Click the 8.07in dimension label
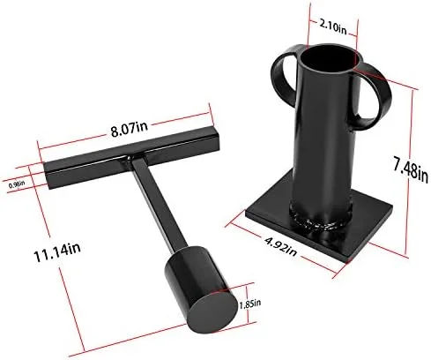(x=130, y=129)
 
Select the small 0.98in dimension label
(x=17, y=184)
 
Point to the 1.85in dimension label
(x=250, y=304)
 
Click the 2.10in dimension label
(x=333, y=28)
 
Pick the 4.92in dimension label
(x=280, y=246)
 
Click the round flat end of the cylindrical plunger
(x=212, y=312)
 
